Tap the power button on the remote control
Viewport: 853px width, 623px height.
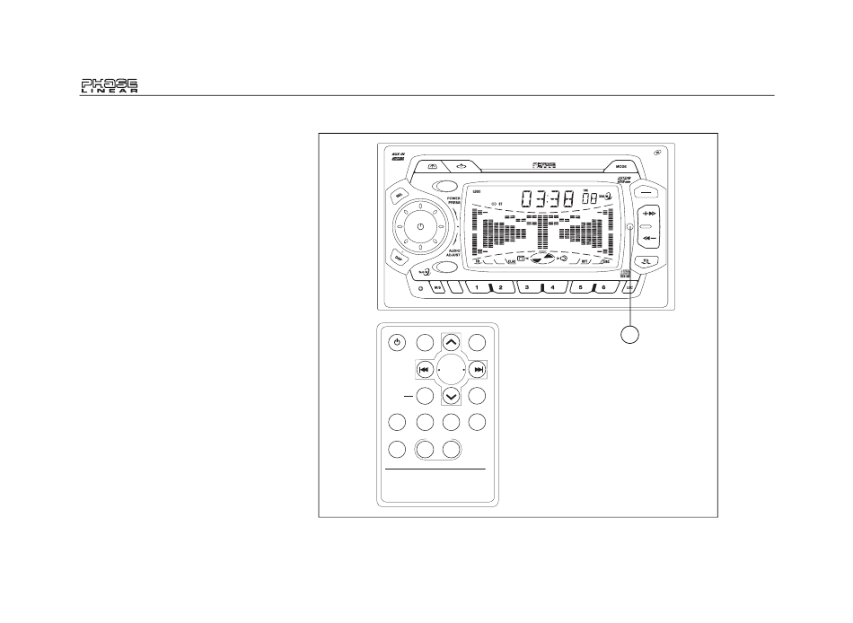tap(399, 342)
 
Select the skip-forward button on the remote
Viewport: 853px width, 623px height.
tap(479, 369)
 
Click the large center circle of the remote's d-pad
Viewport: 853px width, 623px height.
tap(452, 369)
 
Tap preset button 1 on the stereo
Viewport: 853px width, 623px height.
tap(478, 288)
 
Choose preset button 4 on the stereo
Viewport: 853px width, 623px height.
tap(551, 288)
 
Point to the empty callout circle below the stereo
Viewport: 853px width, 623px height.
tap(632, 335)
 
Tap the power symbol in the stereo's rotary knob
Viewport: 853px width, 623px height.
tap(419, 227)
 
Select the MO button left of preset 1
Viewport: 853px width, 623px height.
tap(438, 288)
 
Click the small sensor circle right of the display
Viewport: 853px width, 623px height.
tap(629, 227)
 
